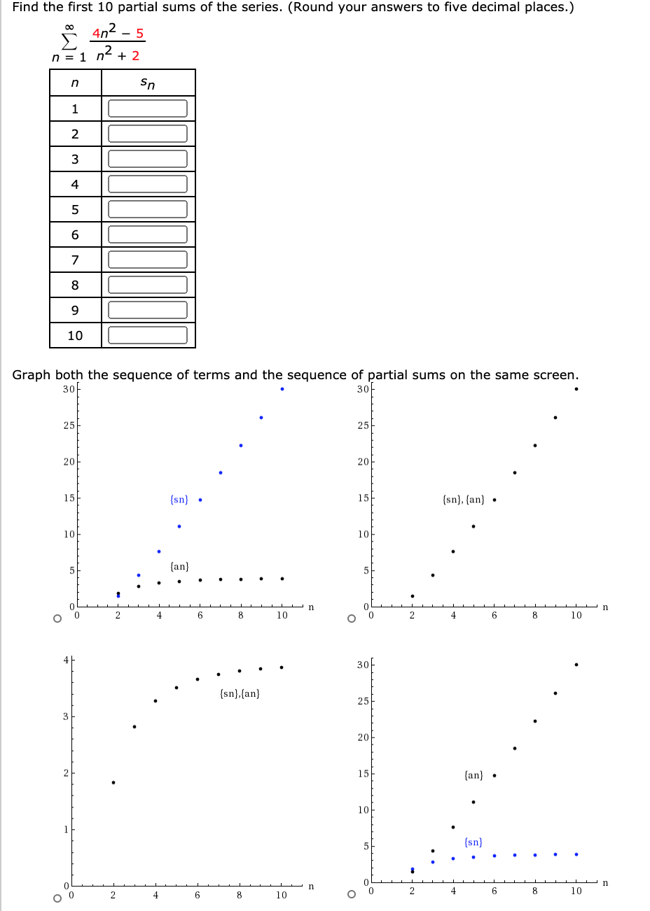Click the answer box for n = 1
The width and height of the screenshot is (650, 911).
pos(148,108)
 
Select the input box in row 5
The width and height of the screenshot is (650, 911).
pos(148,209)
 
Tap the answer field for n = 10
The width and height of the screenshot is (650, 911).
pos(148,335)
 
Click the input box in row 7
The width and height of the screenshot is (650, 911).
pos(148,260)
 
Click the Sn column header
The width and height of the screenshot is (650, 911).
pos(148,83)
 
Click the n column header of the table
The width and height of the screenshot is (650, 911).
pos(75,83)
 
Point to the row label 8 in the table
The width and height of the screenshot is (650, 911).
pos(75,285)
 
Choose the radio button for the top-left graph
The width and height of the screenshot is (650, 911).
pos(57,619)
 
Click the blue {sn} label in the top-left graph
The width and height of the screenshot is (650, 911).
pos(179,500)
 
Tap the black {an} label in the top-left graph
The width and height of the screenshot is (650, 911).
pos(179,566)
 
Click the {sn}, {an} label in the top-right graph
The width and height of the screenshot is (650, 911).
pos(464,500)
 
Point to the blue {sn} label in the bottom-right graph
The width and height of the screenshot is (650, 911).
pos(473,842)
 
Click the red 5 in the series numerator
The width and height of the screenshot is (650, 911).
pos(139,34)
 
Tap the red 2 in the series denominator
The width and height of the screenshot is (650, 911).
pos(135,56)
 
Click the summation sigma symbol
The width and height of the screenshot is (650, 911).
pos(67,43)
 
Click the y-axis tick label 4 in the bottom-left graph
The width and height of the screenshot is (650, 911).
pos(65,660)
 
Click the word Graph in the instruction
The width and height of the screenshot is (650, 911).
pos(32,375)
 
